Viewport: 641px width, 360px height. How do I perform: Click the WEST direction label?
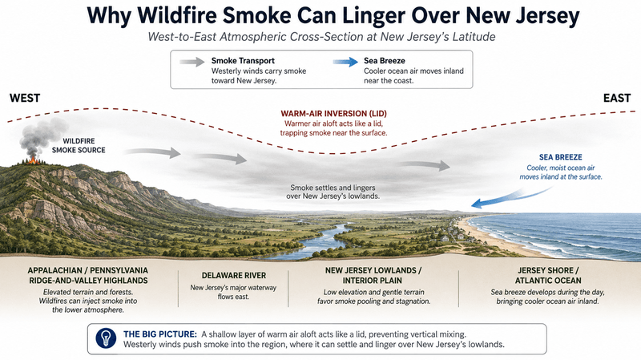pyautogui.click(x=25, y=98)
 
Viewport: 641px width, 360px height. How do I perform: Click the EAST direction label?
pyautogui.click(x=617, y=98)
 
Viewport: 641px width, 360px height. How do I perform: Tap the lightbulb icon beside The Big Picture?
pyautogui.click(x=106, y=338)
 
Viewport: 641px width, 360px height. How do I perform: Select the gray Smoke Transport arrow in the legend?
pyautogui.click(x=191, y=63)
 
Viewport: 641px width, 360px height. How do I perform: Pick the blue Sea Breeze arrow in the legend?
pyautogui.click(x=345, y=63)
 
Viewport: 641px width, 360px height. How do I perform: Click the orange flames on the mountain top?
pyautogui.click(x=33, y=160)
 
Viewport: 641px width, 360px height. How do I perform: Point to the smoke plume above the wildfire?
pyautogui.click(x=42, y=137)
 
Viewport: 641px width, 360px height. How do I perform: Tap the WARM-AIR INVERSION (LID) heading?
pyautogui.click(x=333, y=114)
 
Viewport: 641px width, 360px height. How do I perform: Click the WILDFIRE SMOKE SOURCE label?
pyautogui.click(x=79, y=146)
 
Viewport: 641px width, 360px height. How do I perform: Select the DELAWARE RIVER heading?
pyautogui.click(x=234, y=276)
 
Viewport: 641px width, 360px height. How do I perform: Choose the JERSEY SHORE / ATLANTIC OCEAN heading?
pyautogui.click(x=548, y=275)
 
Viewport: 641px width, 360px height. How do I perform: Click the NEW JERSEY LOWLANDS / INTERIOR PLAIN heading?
pyautogui.click(x=373, y=275)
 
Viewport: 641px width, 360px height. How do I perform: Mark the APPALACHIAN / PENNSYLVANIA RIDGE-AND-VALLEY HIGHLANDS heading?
pyautogui.click(x=88, y=275)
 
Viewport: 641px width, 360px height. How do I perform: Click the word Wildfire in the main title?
pyautogui.click(x=176, y=15)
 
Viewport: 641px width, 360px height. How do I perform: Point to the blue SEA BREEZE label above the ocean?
pyautogui.click(x=560, y=157)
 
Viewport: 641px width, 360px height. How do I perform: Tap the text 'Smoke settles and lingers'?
pyautogui.click(x=333, y=188)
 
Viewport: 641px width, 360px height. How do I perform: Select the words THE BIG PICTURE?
pyautogui.click(x=159, y=334)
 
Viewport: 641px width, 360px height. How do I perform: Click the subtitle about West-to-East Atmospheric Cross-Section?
pyautogui.click(x=322, y=37)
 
